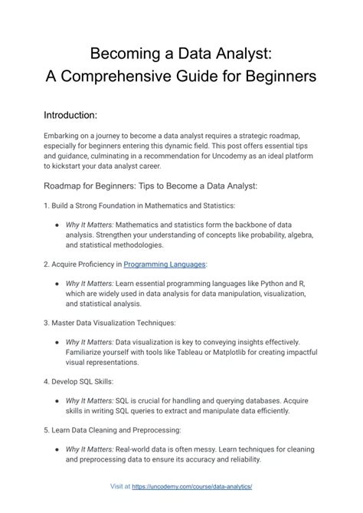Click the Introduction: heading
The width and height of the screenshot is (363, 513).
tap(70, 115)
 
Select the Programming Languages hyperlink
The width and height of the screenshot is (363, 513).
tap(165, 264)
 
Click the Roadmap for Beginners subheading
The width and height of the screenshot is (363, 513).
tap(150, 186)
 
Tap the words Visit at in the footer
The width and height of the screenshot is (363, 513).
tap(119, 486)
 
